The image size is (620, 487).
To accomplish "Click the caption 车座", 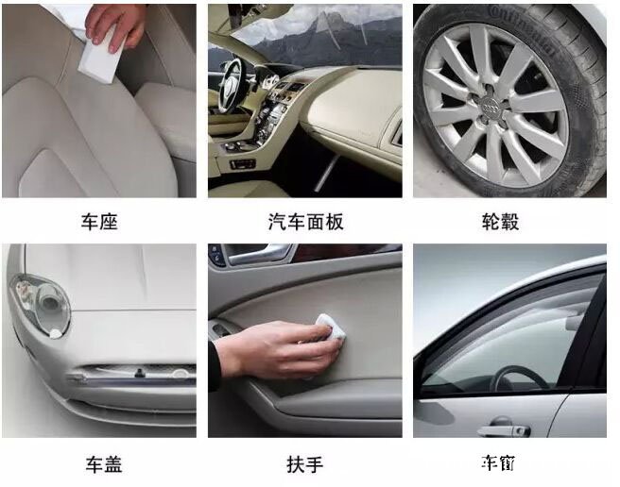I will pyautogui.click(x=99, y=223).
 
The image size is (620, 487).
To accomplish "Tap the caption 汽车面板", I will pyautogui.click(x=305, y=223).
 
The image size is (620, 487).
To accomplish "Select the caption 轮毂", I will pyautogui.click(x=500, y=223).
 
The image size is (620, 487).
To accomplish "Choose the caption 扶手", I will pyautogui.click(x=304, y=464).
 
